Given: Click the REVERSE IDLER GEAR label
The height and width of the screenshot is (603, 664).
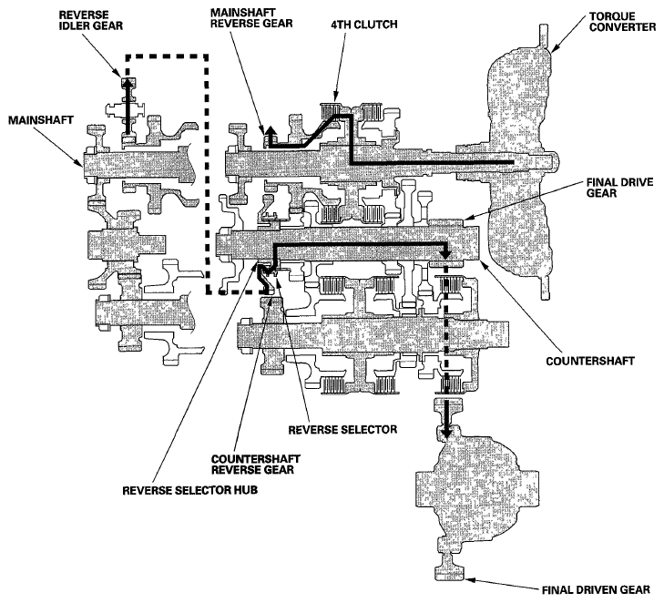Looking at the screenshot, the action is click(x=90, y=20).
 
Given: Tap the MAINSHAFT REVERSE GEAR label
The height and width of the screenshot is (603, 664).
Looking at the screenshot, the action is click(x=251, y=17).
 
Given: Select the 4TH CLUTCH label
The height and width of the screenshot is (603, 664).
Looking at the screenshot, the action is click(x=364, y=25).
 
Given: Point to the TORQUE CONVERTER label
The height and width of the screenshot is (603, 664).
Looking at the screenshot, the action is click(x=622, y=22).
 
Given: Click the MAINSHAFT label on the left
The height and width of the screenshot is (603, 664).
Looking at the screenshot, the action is click(x=41, y=120).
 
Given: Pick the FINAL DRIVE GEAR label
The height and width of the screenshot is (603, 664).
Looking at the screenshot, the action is click(x=620, y=188).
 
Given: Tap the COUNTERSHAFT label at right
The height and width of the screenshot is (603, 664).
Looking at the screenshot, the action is click(x=590, y=362).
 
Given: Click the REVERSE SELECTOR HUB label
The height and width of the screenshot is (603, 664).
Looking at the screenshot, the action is click(x=190, y=490).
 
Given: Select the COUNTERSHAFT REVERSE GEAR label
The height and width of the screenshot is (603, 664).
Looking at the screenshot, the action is click(x=256, y=465).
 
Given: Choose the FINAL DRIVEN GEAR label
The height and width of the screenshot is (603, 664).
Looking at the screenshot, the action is click(x=597, y=590).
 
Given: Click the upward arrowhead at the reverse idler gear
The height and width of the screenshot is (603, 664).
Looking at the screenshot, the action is click(x=128, y=83).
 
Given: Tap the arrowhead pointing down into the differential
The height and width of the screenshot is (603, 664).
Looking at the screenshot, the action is click(x=445, y=434).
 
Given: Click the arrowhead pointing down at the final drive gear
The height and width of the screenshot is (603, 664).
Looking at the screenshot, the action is click(x=445, y=253).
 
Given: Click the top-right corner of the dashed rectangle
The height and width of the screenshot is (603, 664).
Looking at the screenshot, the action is click(x=206, y=56).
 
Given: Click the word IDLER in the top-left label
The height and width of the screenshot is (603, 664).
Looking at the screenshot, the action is click(x=74, y=26).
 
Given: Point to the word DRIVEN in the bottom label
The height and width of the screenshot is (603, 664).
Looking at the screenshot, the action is click(x=597, y=590).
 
